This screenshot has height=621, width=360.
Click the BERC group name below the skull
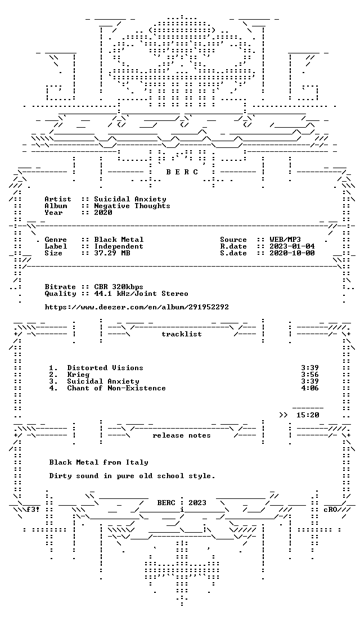pyautogui.click(x=182, y=172)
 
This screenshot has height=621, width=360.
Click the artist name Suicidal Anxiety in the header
pyautogui.click(x=130, y=199)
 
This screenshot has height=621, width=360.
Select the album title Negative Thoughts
pyautogui.click(x=132, y=206)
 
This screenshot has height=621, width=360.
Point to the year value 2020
pyautogui.click(x=103, y=213)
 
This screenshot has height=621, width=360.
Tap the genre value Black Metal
pyautogui.click(x=119, y=240)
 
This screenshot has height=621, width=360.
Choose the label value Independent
pyautogui.click(x=119, y=246)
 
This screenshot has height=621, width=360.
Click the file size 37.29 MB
pyautogui.click(x=112, y=253)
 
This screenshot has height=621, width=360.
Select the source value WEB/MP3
pyautogui.click(x=285, y=240)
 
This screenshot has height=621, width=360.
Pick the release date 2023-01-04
pyautogui.click(x=292, y=246)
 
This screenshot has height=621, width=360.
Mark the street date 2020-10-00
pyautogui.click(x=292, y=253)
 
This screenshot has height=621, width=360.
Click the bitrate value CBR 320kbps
pyautogui.click(x=119, y=287)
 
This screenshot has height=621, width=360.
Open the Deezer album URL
pyautogui.click(x=137, y=307)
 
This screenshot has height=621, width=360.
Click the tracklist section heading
pyautogui.click(x=182, y=334)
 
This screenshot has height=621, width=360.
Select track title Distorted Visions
pyautogui.click(x=105, y=368)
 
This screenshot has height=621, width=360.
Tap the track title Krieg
pyautogui.click(x=78, y=375)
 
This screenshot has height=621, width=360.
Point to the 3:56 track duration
pyautogui.click(x=310, y=375)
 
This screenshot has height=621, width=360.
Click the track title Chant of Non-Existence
pyautogui.click(x=116, y=388)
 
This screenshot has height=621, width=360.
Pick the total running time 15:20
pyautogui.click(x=308, y=415)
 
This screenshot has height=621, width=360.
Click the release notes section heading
pyautogui.click(x=182, y=435)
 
